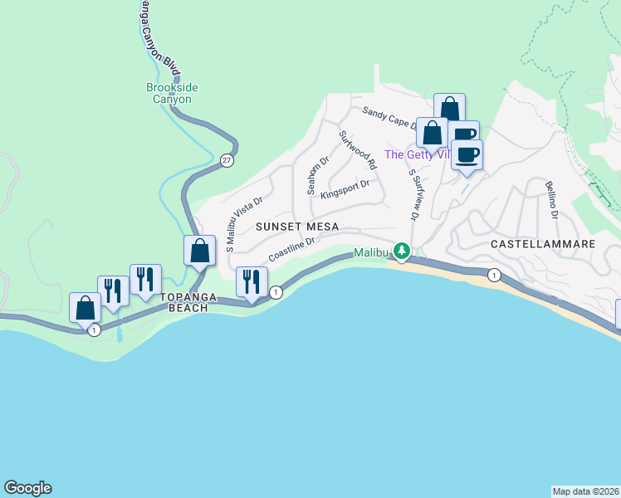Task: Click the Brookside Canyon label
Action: coord(169,93)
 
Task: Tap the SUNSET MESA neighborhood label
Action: coord(297,227)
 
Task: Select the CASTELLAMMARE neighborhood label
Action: coord(543,244)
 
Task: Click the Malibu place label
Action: coord(370,252)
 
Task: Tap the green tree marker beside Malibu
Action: coord(402,251)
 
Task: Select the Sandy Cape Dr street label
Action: coord(389,119)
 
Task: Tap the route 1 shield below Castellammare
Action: coord(494,276)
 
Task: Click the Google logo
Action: coord(27,488)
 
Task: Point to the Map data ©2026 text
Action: coord(586,491)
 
